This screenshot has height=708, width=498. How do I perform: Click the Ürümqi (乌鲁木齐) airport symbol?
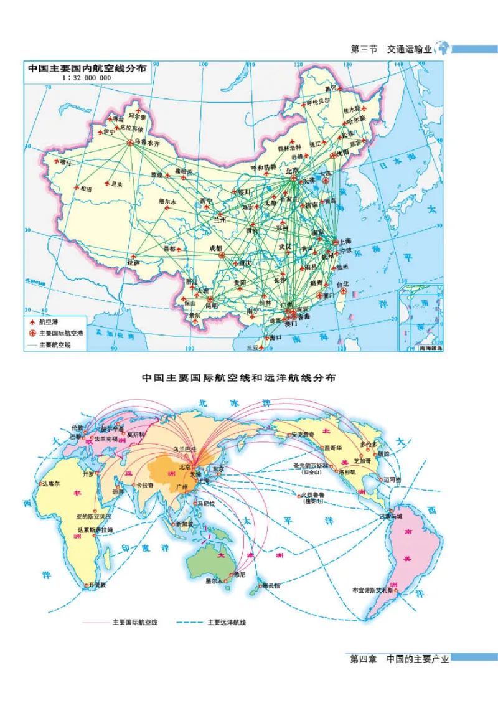click(131, 143)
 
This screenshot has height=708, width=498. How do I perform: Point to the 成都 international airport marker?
click(217, 255)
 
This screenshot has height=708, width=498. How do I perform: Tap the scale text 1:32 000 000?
click(86, 78)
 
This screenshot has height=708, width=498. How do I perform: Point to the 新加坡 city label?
click(186, 524)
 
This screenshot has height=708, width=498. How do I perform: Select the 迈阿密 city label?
click(391, 479)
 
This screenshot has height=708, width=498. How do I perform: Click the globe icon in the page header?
click(443, 48)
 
